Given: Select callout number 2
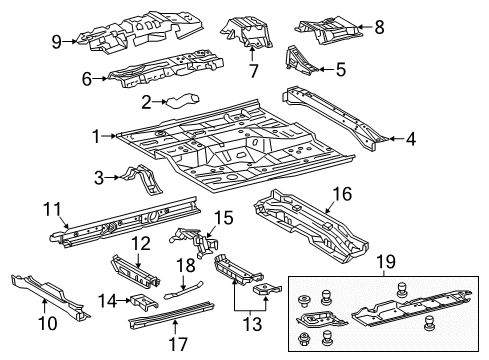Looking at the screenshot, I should [145, 101].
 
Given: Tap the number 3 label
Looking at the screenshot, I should [99, 178].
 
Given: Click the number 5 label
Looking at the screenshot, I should [341, 70].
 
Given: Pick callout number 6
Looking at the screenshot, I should [87, 76].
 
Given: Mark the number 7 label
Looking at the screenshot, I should [253, 70].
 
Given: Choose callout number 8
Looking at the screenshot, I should [379, 29].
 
